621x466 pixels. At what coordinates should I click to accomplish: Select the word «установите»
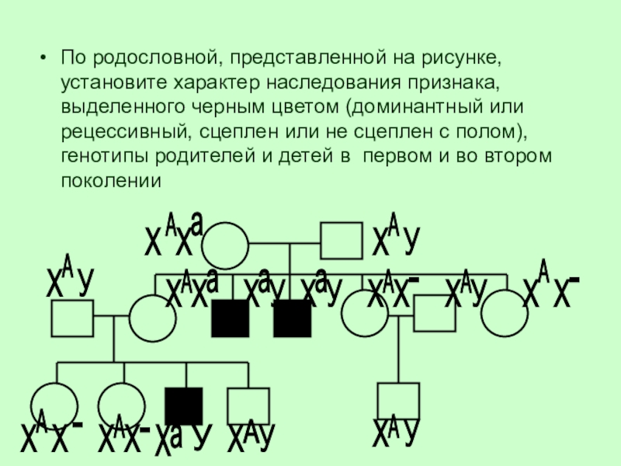pyautogui.click(x=108, y=82)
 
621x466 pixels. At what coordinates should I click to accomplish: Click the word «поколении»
pyautogui.click(x=109, y=179)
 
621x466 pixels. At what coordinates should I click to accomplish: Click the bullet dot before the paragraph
pyautogui.click(x=43, y=58)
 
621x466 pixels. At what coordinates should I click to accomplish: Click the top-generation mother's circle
pyautogui.click(x=225, y=245)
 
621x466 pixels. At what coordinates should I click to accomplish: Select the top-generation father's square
pyautogui.click(x=342, y=241)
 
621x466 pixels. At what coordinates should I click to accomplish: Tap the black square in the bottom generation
pyautogui.click(x=184, y=405)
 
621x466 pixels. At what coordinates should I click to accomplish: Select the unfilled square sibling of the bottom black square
pyautogui.click(x=248, y=405)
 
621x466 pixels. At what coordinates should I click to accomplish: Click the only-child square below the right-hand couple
pyautogui.click(x=398, y=401)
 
